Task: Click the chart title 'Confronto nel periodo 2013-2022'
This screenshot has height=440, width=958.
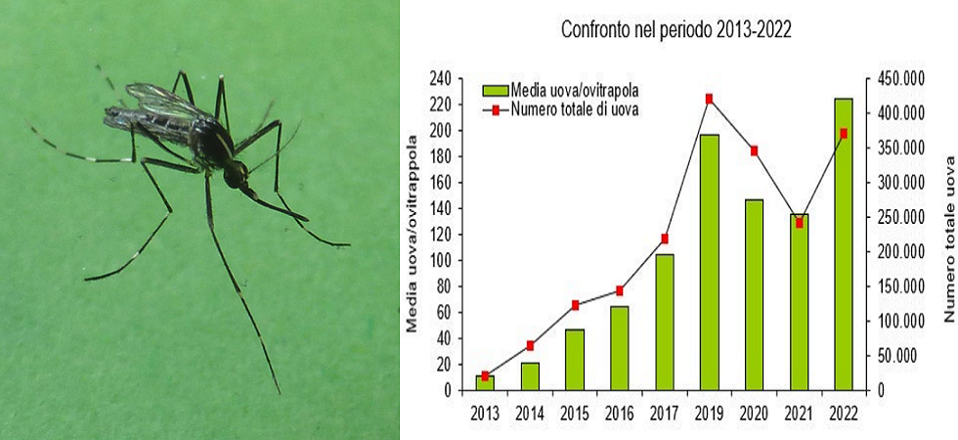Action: (675, 29)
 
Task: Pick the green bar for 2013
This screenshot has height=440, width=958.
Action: (485, 382)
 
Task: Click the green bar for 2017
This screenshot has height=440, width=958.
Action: (665, 322)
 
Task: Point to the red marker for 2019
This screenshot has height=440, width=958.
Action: (709, 98)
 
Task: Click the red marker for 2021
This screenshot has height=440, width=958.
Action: (799, 223)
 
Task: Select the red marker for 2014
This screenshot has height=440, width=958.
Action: (530, 345)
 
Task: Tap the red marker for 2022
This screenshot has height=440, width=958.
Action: (844, 133)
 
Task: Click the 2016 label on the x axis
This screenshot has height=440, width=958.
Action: (620, 412)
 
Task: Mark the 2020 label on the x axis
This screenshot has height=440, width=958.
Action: (754, 412)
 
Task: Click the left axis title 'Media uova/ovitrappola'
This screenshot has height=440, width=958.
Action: (414, 235)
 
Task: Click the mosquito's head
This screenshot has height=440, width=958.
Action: (236, 176)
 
